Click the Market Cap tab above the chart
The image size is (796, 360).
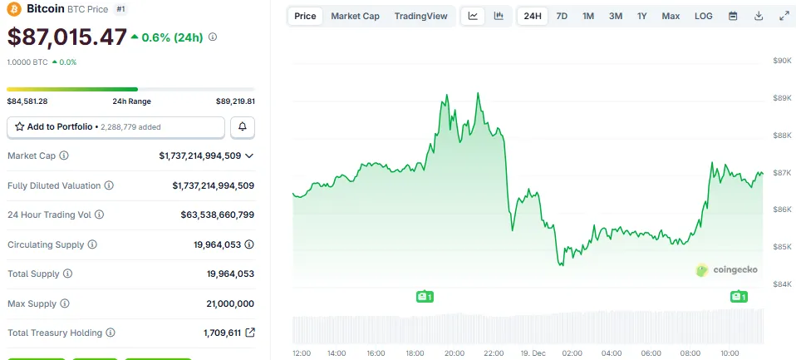click(x=355, y=16)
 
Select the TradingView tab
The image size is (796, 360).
click(x=420, y=16)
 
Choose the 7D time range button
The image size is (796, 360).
click(x=562, y=16)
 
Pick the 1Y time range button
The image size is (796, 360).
click(x=642, y=16)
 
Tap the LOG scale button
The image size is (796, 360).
click(x=703, y=16)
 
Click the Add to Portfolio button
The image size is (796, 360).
click(x=115, y=127)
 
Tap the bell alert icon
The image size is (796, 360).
click(x=243, y=127)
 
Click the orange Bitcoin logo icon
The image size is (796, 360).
click(x=14, y=9)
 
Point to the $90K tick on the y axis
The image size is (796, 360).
click(x=782, y=61)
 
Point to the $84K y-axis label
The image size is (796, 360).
click(x=782, y=284)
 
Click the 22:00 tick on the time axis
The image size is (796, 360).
click(x=494, y=353)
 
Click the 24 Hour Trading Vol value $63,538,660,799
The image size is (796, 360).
click(x=218, y=215)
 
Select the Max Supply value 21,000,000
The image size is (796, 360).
click(x=230, y=303)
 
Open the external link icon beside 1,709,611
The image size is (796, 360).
click(x=249, y=333)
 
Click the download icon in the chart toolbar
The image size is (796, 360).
click(x=759, y=16)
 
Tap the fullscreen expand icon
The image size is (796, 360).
click(x=784, y=16)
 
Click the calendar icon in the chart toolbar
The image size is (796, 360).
click(x=733, y=16)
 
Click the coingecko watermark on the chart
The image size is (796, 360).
click(x=726, y=269)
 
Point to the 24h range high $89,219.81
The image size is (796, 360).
click(x=235, y=101)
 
